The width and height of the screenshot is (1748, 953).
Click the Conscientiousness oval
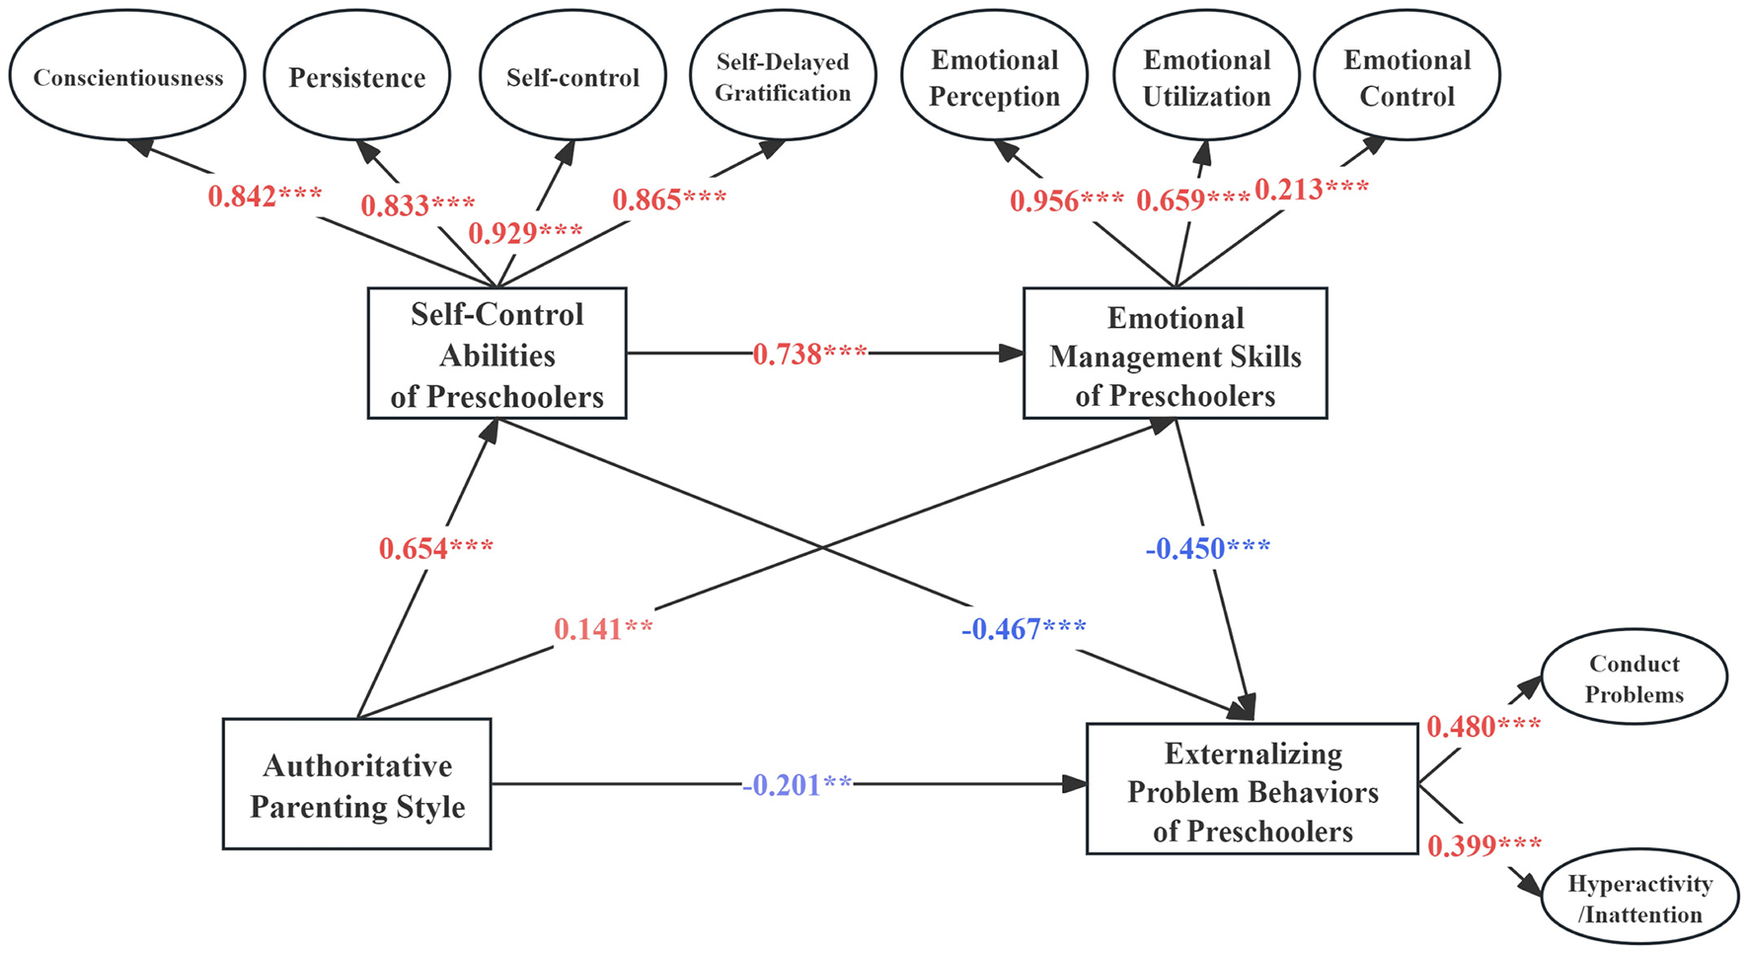pos(127,77)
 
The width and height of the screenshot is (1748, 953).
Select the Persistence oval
pos(356,77)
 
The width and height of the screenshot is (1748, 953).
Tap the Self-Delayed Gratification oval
pos(783,77)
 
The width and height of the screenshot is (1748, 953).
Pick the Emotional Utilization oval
pos(1206,77)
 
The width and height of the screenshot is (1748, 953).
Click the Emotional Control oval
pos(1406,77)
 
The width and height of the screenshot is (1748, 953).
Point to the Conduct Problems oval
pos(1634,678)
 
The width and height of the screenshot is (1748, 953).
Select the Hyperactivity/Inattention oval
pos(1639,898)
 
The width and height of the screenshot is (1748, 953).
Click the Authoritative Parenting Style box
pos(356,784)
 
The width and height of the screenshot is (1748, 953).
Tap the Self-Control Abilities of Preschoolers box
pos(496,354)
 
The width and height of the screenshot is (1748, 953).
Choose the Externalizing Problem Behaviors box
pos(1252,790)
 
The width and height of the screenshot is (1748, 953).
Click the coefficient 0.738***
pos(809,354)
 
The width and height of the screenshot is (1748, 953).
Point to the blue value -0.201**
pos(796,785)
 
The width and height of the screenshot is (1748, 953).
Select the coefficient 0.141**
pos(603,629)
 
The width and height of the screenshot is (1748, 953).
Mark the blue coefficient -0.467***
pos(1024,629)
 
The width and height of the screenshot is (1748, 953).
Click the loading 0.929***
pos(524,233)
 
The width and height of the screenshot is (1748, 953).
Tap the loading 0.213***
pos(1311,189)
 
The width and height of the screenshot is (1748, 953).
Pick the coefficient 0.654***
pos(435,548)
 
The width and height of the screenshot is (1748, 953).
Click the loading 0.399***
pos(1483,845)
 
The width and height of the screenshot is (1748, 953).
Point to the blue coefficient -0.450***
pos(1207,548)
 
